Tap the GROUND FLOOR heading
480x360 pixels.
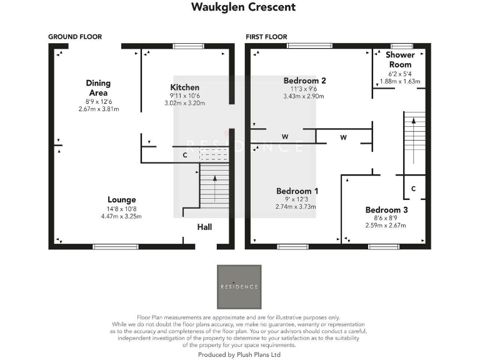[x=75, y=37]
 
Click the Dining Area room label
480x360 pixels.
[x=99, y=87]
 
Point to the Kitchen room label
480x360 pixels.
[x=185, y=87]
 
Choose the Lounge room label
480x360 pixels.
[x=121, y=200]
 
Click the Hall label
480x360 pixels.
[x=205, y=227]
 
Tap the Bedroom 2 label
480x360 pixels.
[x=304, y=81]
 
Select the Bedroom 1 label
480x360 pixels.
[x=297, y=191]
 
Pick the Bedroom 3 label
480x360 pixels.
[x=386, y=210]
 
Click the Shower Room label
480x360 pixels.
[x=400, y=60]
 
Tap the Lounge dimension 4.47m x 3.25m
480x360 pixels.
[x=121, y=216]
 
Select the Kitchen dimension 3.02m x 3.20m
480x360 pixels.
[x=185, y=103]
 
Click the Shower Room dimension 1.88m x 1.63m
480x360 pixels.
[x=400, y=81]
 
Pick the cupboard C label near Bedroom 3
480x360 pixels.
[x=413, y=188]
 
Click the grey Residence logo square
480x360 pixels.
[x=239, y=286]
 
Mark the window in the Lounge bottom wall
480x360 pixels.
[x=103, y=246]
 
